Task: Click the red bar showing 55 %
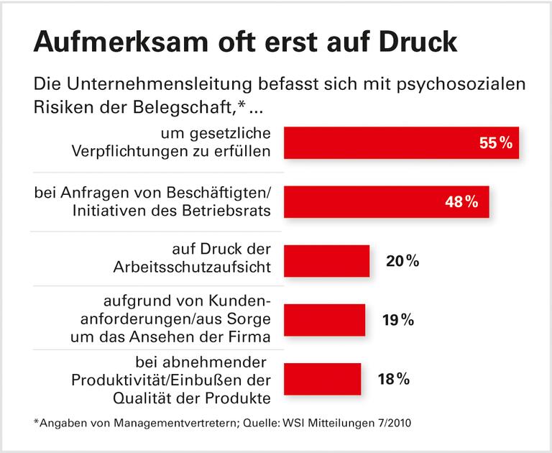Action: click(x=388, y=142)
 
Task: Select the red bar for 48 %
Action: click(x=374, y=201)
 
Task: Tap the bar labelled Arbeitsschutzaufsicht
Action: click(x=327, y=260)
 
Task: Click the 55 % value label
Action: click(x=495, y=143)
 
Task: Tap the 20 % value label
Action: click(x=402, y=261)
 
